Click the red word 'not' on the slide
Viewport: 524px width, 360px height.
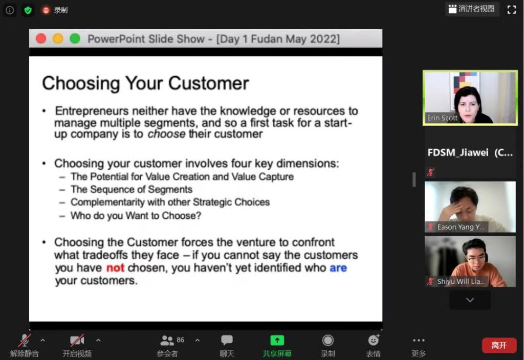pyautogui.click(x=115, y=268)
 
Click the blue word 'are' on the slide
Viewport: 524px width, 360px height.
pyautogui.click(x=338, y=268)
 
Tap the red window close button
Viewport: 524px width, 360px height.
pyautogui.click(x=41, y=39)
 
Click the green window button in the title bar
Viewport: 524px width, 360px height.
pyautogui.click(x=75, y=39)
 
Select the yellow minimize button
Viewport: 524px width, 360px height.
pyautogui.click(x=58, y=39)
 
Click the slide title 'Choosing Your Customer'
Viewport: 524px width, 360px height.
pyautogui.click(x=145, y=83)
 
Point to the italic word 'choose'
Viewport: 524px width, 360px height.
pyautogui.click(x=166, y=134)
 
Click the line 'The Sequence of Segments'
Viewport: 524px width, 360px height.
pyautogui.click(x=132, y=189)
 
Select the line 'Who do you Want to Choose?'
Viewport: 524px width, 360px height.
pyautogui.click(x=136, y=215)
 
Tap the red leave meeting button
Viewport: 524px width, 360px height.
pyautogui.click(x=499, y=345)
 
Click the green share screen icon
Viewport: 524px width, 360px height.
pyautogui.click(x=277, y=340)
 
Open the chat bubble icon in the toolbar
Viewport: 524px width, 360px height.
pyautogui.click(x=227, y=340)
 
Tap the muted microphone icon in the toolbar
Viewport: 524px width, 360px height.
pyautogui.click(x=25, y=340)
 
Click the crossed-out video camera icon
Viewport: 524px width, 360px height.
pyautogui.click(x=77, y=340)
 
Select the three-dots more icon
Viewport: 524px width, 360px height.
pyautogui.click(x=419, y=340)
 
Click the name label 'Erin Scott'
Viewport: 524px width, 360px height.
pyautogui.click(x=442, y=118)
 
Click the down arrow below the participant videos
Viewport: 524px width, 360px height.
pyautogui.click(x=470, y=300)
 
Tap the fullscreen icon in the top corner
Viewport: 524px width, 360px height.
pyautogui.click(x=511, y=10)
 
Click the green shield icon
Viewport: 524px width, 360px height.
pyautogui.click(x=28, y=10)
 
